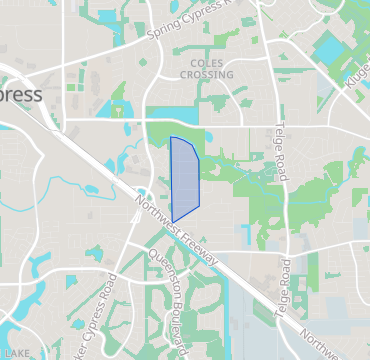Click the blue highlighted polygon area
click(x=184, y=178)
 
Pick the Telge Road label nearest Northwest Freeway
click(x=287, y=285)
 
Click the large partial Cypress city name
click(x=20, y=95)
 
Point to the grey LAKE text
click(x=17, y=353)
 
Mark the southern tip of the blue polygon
click(x=173, y=222)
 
